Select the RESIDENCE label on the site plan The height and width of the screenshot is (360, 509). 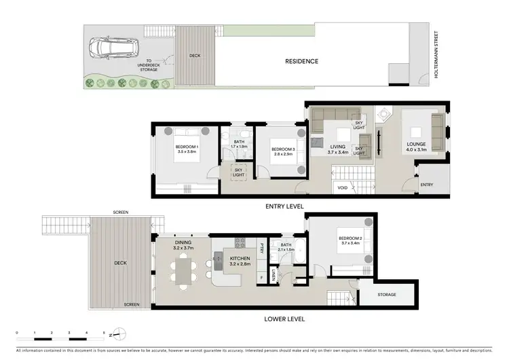[x=301, y=61]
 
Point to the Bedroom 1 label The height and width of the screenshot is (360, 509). [x=187, y=149]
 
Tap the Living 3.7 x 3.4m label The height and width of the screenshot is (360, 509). [x=338, y=149]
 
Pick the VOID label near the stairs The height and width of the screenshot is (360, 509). [x=342, y=187]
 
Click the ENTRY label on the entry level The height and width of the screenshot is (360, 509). [x=426, y=185]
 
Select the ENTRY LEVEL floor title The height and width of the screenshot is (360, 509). [x=284, y=206]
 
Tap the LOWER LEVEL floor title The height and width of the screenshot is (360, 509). [x=284, y=319]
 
